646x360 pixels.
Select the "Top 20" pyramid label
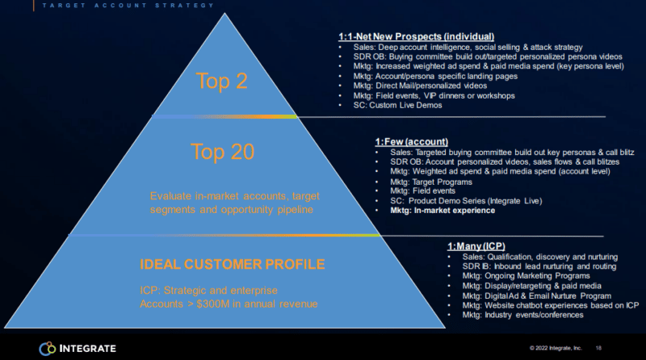pos(223,151)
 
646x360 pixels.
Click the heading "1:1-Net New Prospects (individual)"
pos(416,36)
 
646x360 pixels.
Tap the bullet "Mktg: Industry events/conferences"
pos(522,315)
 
